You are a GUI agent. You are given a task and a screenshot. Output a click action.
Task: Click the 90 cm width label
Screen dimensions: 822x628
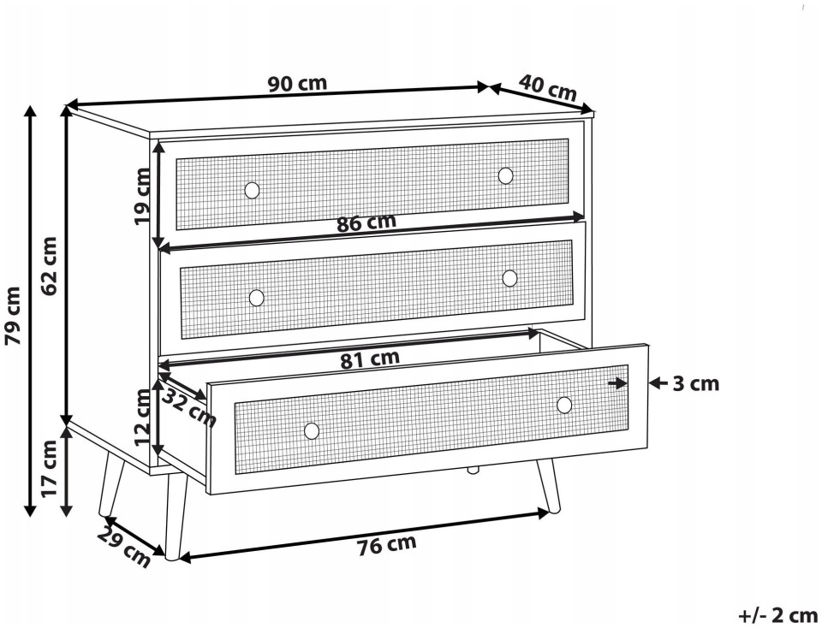pyautogui.click(x=297, y=84)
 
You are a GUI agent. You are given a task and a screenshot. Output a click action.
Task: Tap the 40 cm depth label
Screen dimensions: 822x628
pyautogui.click(x=548, y=87)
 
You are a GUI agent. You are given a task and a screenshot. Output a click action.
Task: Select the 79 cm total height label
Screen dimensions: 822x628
pyautogui.click(x=13, y=316)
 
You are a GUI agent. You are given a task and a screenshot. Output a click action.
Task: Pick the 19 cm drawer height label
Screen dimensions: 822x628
pyautogui.click(x=142, y=196)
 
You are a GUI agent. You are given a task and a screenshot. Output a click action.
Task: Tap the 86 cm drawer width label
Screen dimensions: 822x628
pyautogui.click(x=366, y=222)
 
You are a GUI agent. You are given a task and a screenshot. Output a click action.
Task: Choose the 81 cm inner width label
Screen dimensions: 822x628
pyautogui.click(x=370, y=359)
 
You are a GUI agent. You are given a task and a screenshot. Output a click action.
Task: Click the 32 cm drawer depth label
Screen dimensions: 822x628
pyautogui.click(x=188, y=408)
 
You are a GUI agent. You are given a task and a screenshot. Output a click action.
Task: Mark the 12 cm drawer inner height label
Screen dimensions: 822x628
pyautogui.click(x=143, y=418)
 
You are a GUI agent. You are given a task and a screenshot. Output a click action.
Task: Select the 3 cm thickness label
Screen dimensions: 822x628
pyautogui.click(x=695, y=384)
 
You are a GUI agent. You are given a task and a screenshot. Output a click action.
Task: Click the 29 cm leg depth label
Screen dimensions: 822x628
pyautogui.click(x=123, y=548)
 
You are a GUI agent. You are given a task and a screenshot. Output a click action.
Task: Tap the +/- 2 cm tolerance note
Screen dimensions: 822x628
pyautogui.click(x=778, y=614)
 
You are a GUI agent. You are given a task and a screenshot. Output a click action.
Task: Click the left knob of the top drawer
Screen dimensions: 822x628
pyautogui.click(x=252, y=190)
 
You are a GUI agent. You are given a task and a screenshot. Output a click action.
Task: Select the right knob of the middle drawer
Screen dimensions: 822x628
pyautogui.click(x=509, y=278)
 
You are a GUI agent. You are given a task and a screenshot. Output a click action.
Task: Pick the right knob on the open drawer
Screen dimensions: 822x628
pyautogui.click(x=564, y=405)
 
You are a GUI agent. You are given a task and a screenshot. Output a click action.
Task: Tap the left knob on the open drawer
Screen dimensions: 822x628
pyautogui.click(x=312, y=431)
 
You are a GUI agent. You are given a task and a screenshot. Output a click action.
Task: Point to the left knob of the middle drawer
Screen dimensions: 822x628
pyautogui.click(x=256, y=298)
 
